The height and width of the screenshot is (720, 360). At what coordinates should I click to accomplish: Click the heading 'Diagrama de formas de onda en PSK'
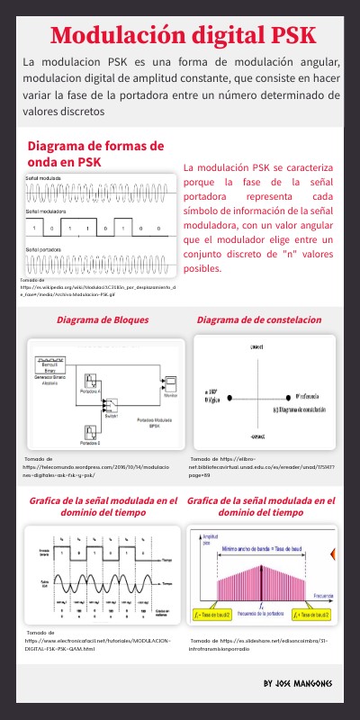95,153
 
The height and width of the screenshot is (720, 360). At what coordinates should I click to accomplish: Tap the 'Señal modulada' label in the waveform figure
42,179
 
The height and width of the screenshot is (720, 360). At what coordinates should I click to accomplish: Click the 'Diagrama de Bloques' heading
103,319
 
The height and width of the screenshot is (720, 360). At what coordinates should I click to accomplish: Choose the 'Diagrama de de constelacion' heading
258,319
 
